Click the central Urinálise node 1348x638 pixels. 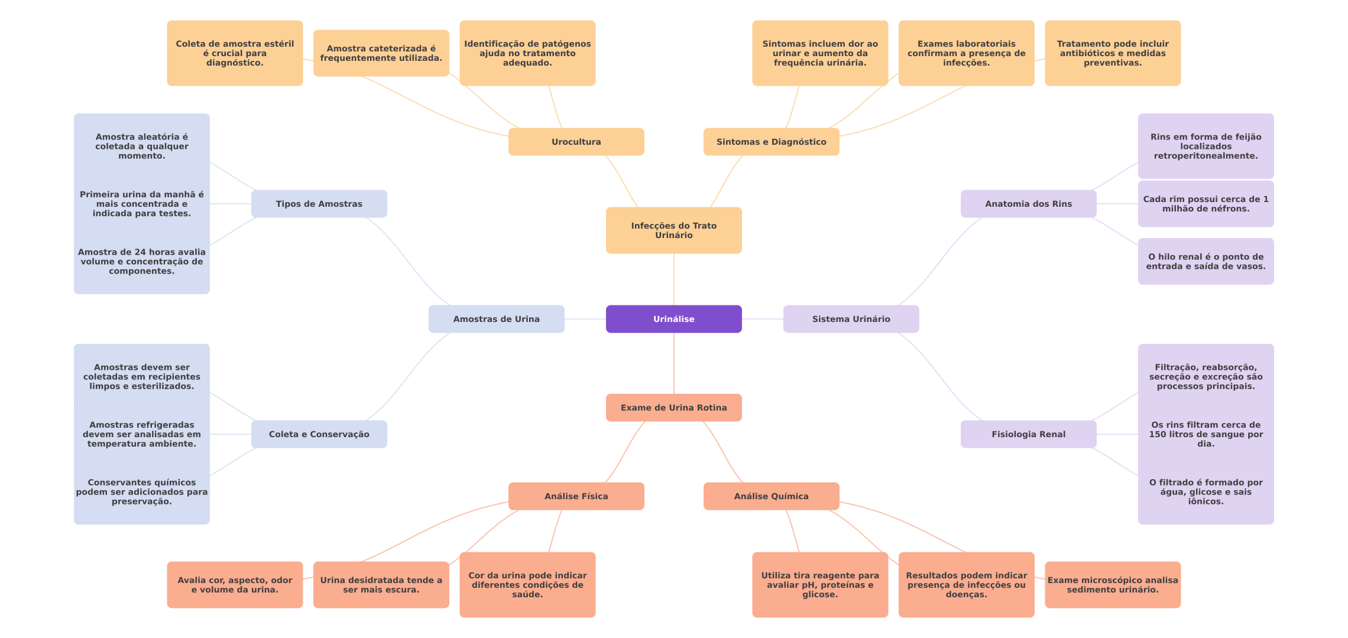(x=673, y=319)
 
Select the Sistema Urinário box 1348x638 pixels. (x=851, y=319)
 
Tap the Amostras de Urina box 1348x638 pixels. (x=496, y=319)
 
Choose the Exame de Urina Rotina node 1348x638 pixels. (x=673, y=408)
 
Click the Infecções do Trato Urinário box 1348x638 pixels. (x=673, y=230)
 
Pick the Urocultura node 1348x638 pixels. (x=576, y=142)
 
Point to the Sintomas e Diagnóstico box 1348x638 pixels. (x=771, y=142)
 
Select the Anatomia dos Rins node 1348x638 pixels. (x=1028, y=204)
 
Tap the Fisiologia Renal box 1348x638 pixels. (x=1028, y=434)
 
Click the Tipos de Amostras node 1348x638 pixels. (x=319, y=204)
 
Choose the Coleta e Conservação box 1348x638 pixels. (x=319, y=434)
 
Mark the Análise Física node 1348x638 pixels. (x=576, y=496)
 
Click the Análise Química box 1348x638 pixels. (x=771, y=496)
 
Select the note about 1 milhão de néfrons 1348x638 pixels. (x=1206, y=204)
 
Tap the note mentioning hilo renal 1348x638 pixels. (x=1206, y=262)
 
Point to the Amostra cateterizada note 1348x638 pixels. (x=381, y=53)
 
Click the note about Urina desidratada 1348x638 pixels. (x=381, y=585)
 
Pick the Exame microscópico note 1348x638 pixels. (x=1113, y=585)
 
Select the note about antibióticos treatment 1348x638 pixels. (x=1113, y=53)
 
